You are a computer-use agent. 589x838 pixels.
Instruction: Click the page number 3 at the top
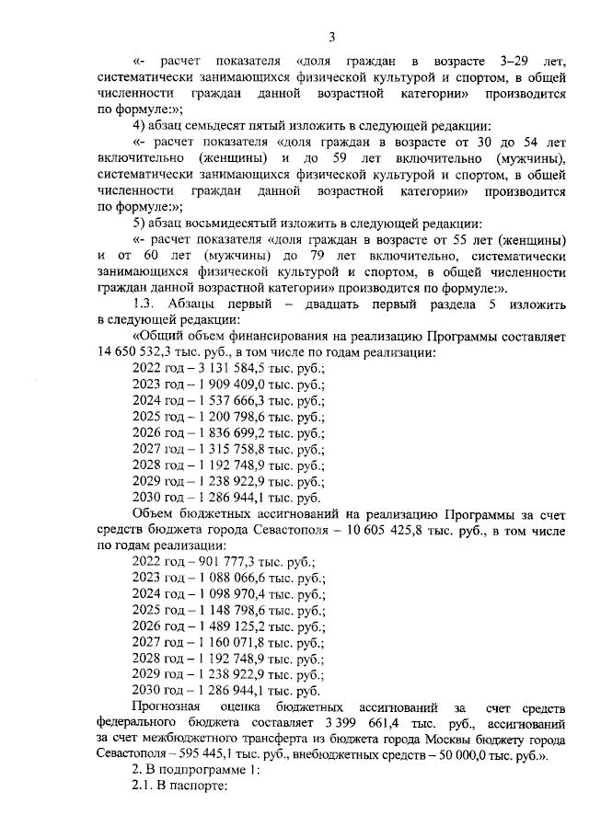[x=331, y=37]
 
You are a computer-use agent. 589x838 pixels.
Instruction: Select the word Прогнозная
[x=168, y=706]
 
